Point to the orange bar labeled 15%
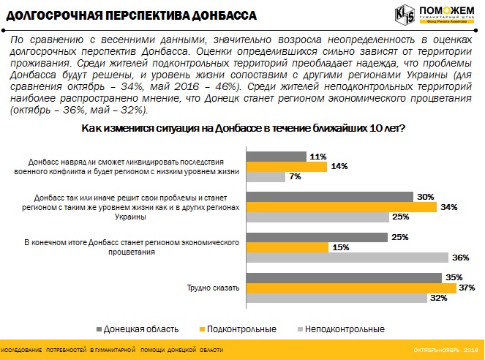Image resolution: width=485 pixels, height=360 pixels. pos(293,247)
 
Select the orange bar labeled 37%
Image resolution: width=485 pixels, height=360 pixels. pos(352,288)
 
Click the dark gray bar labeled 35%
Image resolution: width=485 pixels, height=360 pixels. pos(345,277)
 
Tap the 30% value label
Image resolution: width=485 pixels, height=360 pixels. pos(425,197)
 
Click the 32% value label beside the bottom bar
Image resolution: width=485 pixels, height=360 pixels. pos(438,298)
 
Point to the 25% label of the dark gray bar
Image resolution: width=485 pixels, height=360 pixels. pos(399,237)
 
